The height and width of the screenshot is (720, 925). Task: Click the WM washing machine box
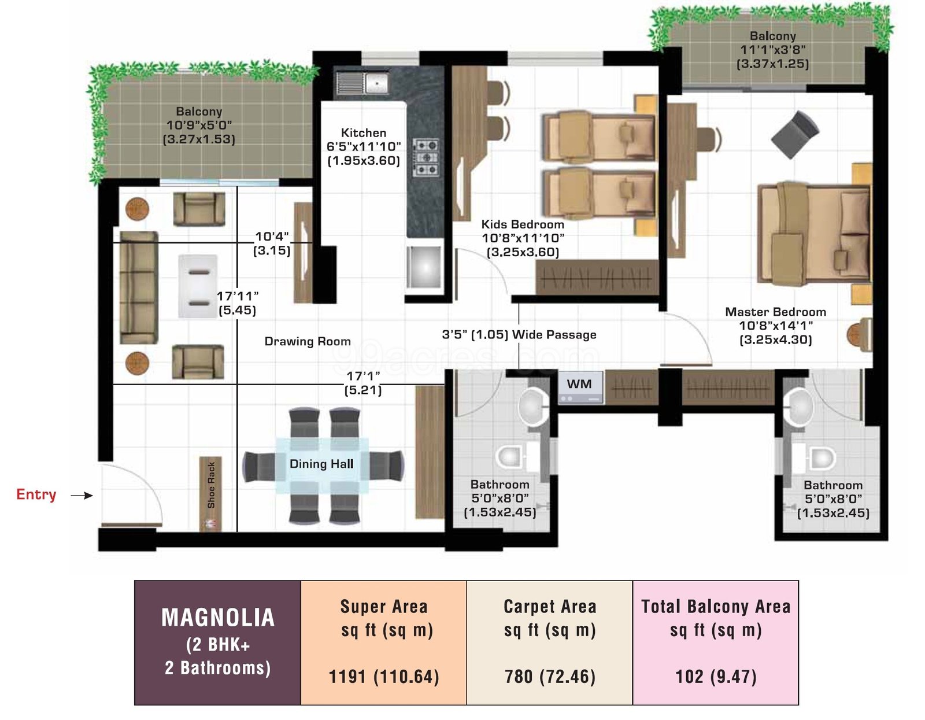pos(580,387)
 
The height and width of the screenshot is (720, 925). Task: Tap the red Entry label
pos(36,494)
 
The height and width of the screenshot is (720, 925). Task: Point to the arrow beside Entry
pos(82,495)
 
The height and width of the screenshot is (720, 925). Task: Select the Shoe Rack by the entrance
pos(210,494)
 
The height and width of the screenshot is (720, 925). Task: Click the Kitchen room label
pos(364,133)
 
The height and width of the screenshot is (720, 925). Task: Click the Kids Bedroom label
pos(523,224)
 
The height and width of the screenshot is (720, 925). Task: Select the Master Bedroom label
pos(776,312)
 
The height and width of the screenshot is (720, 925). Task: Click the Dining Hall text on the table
pos(321,464)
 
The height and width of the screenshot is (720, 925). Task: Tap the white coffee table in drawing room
pos(198,286)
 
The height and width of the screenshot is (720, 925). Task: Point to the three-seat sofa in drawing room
pos(139,288)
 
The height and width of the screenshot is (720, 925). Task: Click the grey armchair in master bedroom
pos(795,134)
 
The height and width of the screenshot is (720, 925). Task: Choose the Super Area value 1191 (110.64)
pos(384,677)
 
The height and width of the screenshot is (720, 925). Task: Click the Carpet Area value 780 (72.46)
pos(550,677)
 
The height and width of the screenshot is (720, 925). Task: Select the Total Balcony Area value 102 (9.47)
pos(716,677)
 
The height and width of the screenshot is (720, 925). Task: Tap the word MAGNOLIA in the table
pos(218,618)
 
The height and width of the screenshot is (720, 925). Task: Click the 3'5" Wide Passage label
pos(519,335)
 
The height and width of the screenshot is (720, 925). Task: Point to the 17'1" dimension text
pos(363,376)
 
